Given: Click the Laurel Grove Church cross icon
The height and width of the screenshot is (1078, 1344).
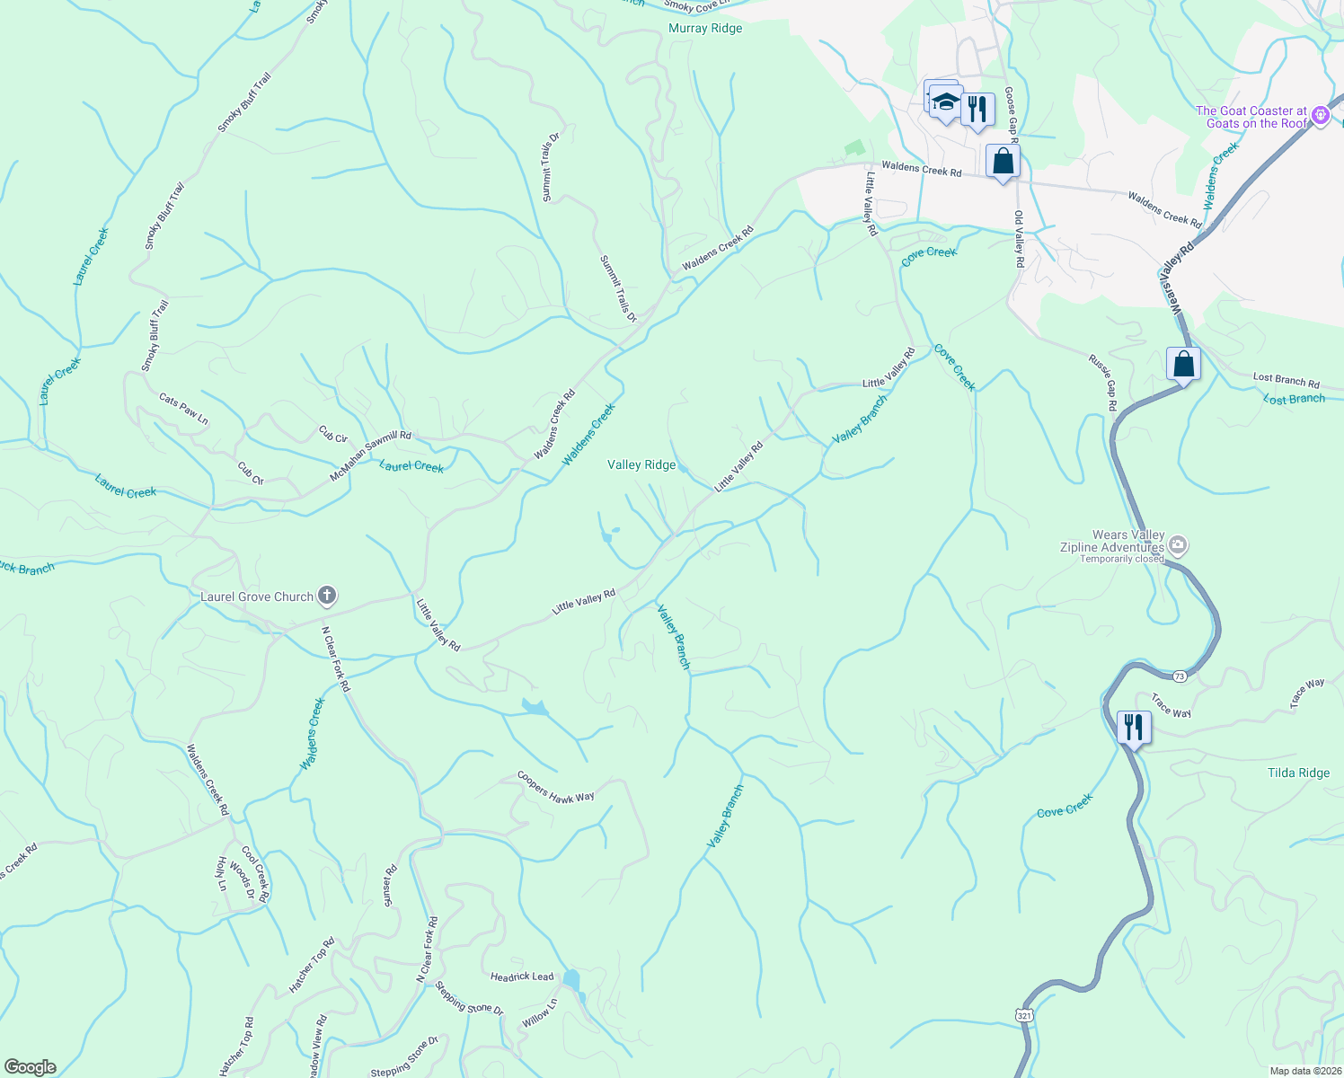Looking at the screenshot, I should point(328,595).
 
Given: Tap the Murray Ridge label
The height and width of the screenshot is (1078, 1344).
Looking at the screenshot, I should point(705,29).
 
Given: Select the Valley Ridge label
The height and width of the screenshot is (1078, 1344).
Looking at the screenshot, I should point(641,464).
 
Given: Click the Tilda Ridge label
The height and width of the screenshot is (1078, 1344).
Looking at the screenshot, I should point(1298,773).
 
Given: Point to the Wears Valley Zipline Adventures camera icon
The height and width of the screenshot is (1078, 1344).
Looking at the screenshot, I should point(1179,545).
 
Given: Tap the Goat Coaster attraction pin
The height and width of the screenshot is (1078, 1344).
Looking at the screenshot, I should point(1320,115).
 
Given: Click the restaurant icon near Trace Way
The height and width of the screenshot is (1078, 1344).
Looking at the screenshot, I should point(1134,725).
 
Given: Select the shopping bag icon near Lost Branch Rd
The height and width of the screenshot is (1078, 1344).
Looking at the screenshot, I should point(1183,364).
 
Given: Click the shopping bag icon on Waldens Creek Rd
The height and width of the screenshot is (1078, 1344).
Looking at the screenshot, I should point(1003,162).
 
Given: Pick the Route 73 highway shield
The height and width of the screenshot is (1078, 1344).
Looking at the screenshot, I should point(1180,676).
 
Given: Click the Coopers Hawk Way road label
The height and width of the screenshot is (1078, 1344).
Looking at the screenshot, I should point(555,787).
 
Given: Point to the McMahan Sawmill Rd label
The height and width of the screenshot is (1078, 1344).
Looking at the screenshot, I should point(369,455).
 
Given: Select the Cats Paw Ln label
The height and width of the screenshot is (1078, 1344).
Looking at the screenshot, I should point(183,409).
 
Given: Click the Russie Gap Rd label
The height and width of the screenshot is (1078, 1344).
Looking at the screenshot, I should point(1102,383).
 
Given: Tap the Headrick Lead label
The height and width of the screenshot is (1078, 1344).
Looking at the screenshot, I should point(522,976).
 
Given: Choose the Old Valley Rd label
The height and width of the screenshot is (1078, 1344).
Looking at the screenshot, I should point(1019,239).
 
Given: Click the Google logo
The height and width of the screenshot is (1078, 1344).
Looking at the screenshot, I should point(31,1066).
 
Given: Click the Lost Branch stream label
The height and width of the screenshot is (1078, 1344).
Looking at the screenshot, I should point(1294,399).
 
